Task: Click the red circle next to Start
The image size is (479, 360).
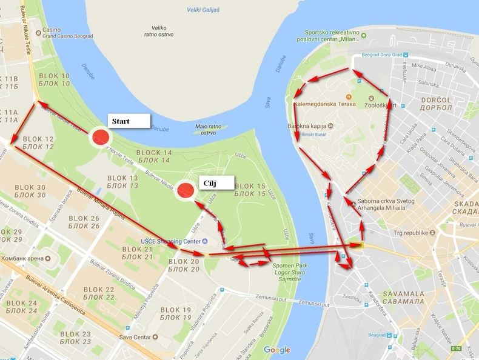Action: [101, 137]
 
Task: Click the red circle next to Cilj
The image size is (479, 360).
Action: [185, 191]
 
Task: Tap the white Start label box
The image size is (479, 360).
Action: [128, 121]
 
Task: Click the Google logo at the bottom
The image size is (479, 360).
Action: [276, 350]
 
